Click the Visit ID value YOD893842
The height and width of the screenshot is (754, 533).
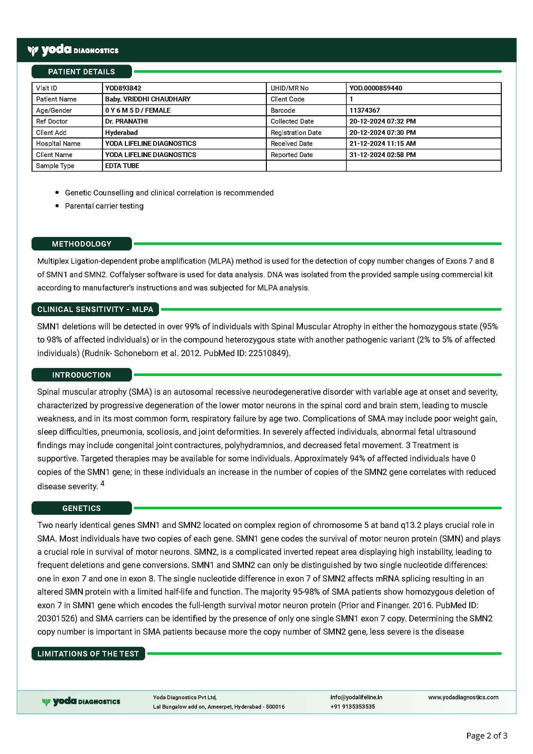123,88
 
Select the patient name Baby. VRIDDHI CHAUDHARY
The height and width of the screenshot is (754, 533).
148,99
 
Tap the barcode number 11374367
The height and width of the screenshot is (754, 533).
365,110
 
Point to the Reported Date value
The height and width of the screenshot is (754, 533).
383,155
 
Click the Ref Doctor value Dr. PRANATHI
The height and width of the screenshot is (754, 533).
126,121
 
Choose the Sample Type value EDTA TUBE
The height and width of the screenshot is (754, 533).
122,166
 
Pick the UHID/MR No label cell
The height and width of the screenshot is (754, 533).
290,88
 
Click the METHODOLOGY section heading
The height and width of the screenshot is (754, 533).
82,244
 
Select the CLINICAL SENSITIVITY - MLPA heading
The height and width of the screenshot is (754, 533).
95,309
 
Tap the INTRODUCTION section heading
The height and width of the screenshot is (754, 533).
82,375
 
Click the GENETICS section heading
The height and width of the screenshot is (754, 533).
82,508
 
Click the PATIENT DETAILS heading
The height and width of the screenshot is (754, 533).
82,71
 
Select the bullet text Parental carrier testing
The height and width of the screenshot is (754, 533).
104,206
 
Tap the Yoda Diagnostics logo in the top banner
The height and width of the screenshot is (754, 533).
73,50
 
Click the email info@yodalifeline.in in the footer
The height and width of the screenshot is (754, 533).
356,697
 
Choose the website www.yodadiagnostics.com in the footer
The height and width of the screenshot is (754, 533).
463,697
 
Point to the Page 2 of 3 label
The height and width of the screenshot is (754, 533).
487,736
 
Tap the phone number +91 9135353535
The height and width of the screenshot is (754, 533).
352,706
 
